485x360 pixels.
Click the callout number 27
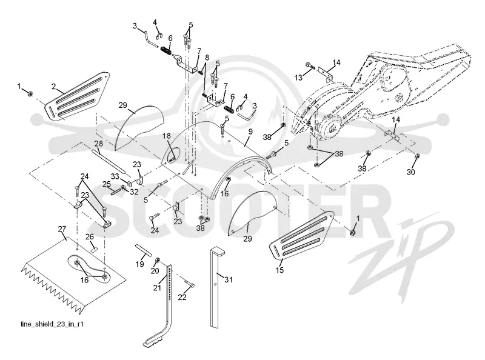(62, 229)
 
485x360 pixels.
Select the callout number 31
(229, 279)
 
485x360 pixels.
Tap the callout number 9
(250, 132)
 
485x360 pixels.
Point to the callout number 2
(54, 87)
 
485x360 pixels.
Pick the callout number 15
(279, 270)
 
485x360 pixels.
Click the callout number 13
(298, 78)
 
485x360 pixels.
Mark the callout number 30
(410, 172)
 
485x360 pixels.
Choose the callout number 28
(99, 144)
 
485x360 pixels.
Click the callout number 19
(140, 264)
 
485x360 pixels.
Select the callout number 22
(182, 297)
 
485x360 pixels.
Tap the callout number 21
(158, 287)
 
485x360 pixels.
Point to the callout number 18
(166, 136)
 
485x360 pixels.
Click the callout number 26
(90, 237)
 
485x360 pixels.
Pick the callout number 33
(115, 176)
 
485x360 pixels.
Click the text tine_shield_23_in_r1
(52, 324)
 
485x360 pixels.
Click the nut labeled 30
(417, 156)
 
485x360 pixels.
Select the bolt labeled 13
(310, 65)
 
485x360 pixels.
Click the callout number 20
(155, 271)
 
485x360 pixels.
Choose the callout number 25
(107, 185)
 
